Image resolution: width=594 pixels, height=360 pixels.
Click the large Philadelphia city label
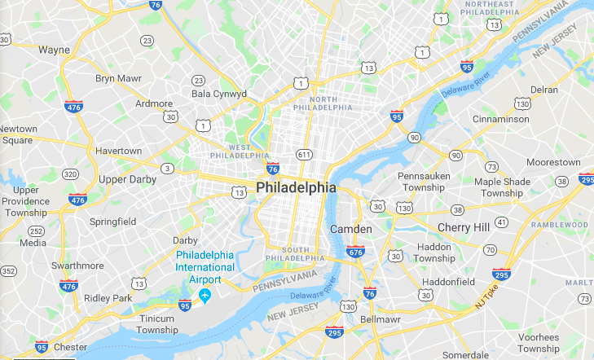click(x=296, y=187)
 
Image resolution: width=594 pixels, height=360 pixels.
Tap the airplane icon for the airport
click(x=205, y=294)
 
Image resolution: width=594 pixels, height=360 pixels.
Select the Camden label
click(x=350, y=230)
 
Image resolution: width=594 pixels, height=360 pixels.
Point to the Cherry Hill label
click(x=464, y=227)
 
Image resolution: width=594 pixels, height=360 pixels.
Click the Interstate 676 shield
click(x=355, y=252)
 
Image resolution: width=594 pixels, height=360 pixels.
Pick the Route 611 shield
click(x=304, y=154)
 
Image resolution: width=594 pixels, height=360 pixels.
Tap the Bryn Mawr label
click(x=117, y=78)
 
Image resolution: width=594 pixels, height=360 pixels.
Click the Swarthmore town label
click(x=77, y=266)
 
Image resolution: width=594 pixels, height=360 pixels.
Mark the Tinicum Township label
click(x=157, y=324)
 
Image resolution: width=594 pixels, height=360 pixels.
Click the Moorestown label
click(x=553, y=163)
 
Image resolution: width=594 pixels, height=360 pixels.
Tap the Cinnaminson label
click(x=501, y=119)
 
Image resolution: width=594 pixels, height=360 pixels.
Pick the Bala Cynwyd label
click(x=218, y=94)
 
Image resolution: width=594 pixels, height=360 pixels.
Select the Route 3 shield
click(x=167, y=169)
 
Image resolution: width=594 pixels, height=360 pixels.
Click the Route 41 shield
click(x=501, y=222)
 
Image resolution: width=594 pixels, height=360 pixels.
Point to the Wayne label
click(x=54, y=50)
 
